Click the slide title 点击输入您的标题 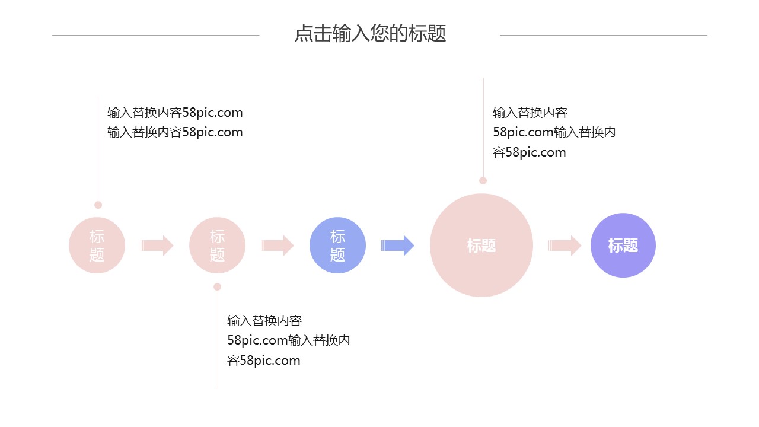370,34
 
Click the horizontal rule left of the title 155,35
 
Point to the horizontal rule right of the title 603,35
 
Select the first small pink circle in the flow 97,246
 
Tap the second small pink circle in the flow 217,246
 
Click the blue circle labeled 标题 337,246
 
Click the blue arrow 398,246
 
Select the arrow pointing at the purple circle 565,246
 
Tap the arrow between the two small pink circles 157,246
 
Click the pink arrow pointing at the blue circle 278,246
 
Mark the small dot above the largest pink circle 483,180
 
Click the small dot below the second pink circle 217,286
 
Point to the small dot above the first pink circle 98,205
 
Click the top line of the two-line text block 175,113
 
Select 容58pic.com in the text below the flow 264,361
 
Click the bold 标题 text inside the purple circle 623,246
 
